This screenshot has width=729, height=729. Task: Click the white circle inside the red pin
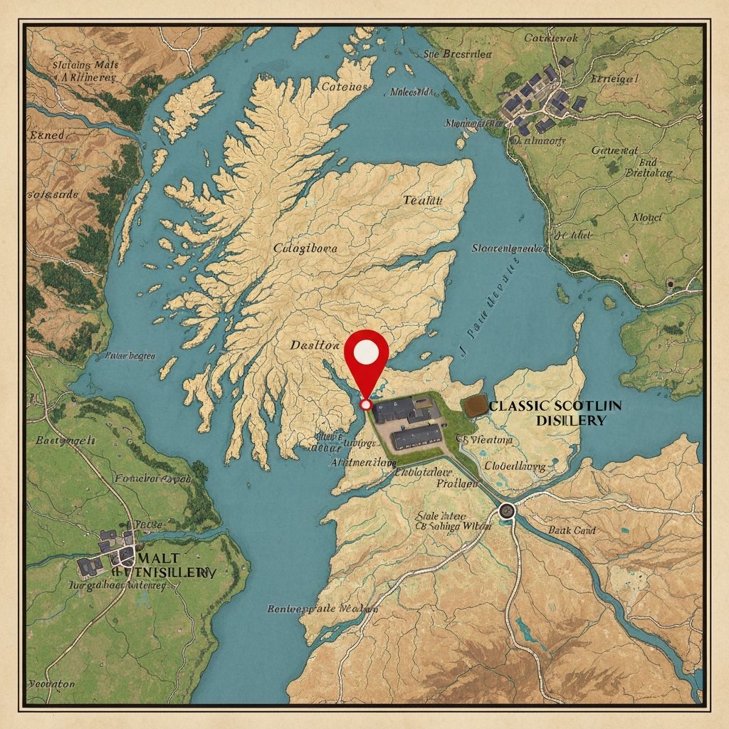pyautogui.click(x=366, y=350)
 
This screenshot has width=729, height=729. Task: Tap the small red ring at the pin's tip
pyautogui.click(x=366, y=404)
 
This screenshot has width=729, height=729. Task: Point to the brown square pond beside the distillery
pyautogui.click(x=473, y=406)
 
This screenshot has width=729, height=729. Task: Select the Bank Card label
pyautogui.click(x=572, y=530)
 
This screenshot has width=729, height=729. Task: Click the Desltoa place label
pyautogui.click(x=315, y=345)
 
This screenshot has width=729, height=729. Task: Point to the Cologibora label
pyautogui.click(x=305, y=248)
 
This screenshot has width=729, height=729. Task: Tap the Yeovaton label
pyautogui.click(x=51, y=683)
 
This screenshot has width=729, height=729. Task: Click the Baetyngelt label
pyautogui.click(x=65, y=441)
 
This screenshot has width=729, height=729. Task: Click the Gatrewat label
pyautogui.click(x=615, y=150)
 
